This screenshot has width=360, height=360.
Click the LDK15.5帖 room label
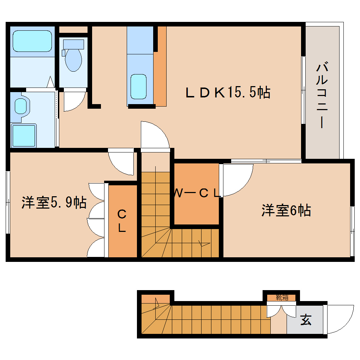(x=228, y=92)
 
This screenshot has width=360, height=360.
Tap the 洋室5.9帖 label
(x=54, y=203)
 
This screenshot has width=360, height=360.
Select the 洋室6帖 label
(x=286, y=210)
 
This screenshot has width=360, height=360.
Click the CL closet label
(x=122, y=221)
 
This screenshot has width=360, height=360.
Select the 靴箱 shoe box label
(x=282, y=297)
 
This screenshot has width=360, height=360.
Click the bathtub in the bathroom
(x=32, y=41)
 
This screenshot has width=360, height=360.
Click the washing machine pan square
(x=24, y=135)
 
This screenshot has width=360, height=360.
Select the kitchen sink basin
(x=138, y=86)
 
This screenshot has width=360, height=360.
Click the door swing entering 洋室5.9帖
(x=121, y=163)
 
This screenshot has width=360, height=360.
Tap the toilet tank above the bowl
(x=73, y=44)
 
